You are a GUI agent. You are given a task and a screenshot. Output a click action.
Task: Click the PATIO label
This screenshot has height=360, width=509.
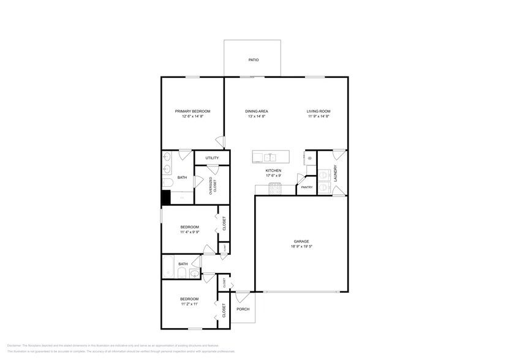(x=253, y=60)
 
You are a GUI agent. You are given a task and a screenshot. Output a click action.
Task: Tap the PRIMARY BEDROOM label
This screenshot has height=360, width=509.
(x=192, y=111)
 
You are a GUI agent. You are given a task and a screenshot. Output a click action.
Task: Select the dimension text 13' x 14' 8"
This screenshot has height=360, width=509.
(x=257, y=116)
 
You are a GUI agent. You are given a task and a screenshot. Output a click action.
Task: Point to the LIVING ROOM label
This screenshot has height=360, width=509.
(x=319, y=111)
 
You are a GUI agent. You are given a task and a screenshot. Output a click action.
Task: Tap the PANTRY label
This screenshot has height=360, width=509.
(x=306, y=188)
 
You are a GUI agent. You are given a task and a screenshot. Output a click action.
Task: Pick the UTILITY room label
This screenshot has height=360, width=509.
(x=212, y=158)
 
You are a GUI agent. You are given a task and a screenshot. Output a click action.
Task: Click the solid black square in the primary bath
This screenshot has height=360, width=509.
(x=165, y=197)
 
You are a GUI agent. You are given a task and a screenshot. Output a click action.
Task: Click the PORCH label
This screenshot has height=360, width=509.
(x=243, y=309)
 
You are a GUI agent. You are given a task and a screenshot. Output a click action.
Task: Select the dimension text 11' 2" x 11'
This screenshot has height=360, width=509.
(x=189, y=304)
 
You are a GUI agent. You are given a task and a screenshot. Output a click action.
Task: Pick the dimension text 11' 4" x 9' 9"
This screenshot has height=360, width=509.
(x=189, y=232)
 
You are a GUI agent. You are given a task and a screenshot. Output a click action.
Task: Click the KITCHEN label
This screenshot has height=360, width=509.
(x=273, y=170)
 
